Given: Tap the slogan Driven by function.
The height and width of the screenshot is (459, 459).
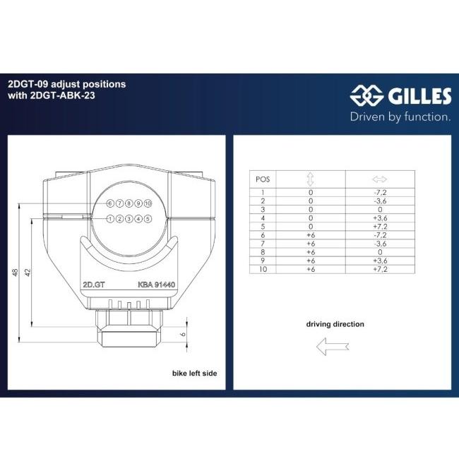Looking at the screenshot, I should [x=400, y=117].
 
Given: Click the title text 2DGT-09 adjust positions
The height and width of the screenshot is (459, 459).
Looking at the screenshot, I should [x=66, y=83].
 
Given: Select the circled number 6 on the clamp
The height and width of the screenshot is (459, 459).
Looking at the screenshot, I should [x=110, y=203].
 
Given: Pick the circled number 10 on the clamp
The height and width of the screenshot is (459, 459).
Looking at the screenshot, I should [x=148, y=203].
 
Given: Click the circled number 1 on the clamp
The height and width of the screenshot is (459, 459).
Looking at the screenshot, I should [x=110, y=219].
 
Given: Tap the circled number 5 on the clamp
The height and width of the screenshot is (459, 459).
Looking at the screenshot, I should [x=148, y=219].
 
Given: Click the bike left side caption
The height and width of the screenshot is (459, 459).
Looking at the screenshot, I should [x=194, y=372].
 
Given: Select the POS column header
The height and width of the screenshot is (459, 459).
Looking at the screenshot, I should [x=262, y=179].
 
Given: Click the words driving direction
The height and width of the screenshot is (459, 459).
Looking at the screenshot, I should [x=335, y=324].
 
